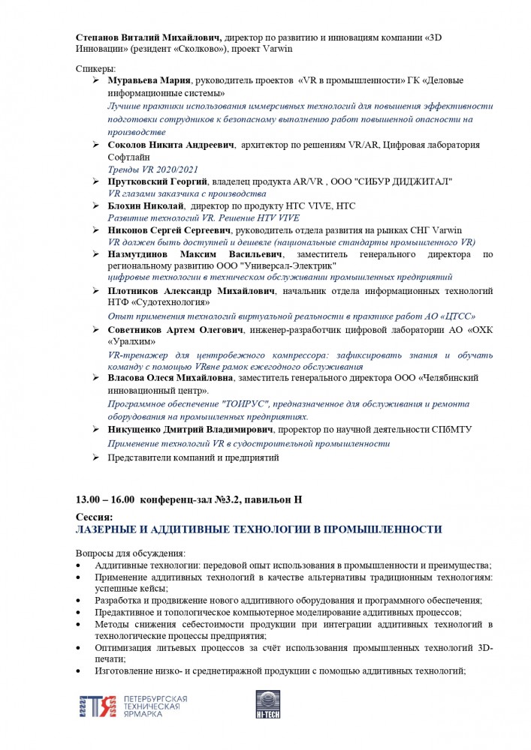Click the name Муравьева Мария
click(x=150, y=80)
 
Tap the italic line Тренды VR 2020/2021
click(x=146, y=170)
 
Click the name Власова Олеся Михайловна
click(x=170, y=379)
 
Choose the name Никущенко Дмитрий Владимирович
click(x=192, y=430)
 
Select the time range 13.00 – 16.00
click(x=105, y=499)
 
